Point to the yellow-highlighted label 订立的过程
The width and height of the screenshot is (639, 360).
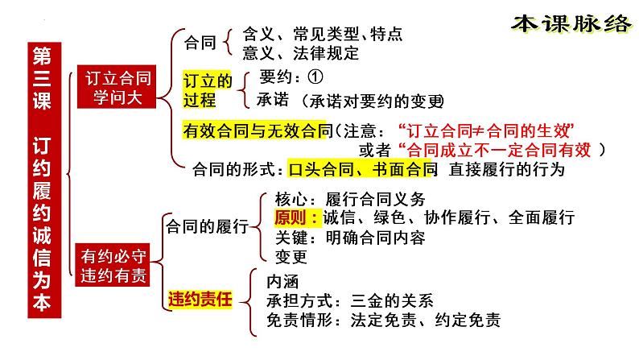tap(208, 89)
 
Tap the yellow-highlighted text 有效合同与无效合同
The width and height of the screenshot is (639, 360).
tap(258, 130)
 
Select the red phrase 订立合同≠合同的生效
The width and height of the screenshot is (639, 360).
tap(490, 130)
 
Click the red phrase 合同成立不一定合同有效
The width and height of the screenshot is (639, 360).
tap(499, 149)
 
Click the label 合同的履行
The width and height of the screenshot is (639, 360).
tap(207, 228)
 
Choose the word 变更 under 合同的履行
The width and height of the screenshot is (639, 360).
tap(291, 257)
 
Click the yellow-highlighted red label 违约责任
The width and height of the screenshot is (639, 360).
tap(200, 300)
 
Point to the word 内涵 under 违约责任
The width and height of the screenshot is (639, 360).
tap(282, 282)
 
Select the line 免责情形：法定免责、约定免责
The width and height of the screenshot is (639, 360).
tap(383, 321)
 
